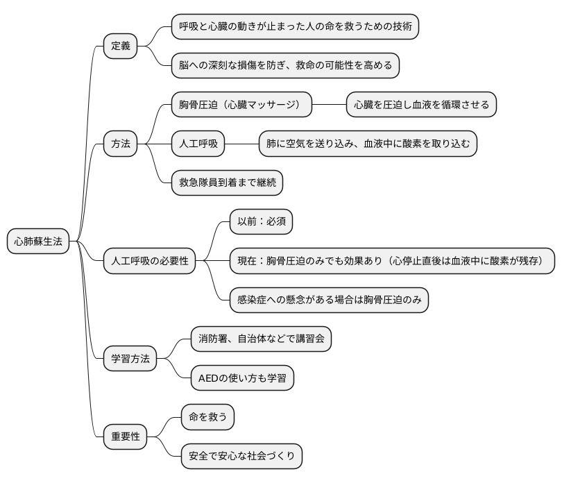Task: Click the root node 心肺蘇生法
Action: point(39,241)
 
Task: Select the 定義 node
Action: point(121,46)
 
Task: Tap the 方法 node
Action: point(121,144)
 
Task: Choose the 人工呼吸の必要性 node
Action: point(150,262)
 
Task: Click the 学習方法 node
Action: point(130,359)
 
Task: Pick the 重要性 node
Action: point(126,437)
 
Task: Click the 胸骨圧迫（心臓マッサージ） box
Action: point(241,105)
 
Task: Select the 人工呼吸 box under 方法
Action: point(199,144)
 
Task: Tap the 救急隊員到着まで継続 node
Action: point(228,183)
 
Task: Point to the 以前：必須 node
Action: point(262,222)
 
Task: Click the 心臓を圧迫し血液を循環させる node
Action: point(422,105)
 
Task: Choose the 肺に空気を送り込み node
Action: point(368,144)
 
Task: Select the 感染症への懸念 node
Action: point(330,300)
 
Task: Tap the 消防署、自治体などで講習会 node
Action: point(261,339)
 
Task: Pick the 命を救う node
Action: point(207,417)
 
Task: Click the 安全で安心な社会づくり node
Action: point(241,456)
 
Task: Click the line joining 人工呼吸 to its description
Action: point(242,144)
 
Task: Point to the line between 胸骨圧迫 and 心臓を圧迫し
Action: point(329,105)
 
